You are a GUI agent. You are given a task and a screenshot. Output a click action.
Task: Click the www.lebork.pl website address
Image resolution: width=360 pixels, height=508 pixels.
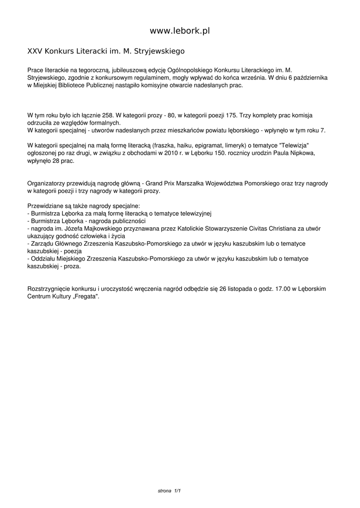coord(180,31)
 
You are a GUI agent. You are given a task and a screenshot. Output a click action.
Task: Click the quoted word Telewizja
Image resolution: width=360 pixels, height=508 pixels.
coord(294,145)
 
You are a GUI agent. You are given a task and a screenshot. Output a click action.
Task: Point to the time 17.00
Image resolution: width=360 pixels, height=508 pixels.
coord(276,289)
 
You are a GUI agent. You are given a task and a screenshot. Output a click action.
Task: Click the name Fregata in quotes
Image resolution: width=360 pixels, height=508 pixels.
coord(85,296)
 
